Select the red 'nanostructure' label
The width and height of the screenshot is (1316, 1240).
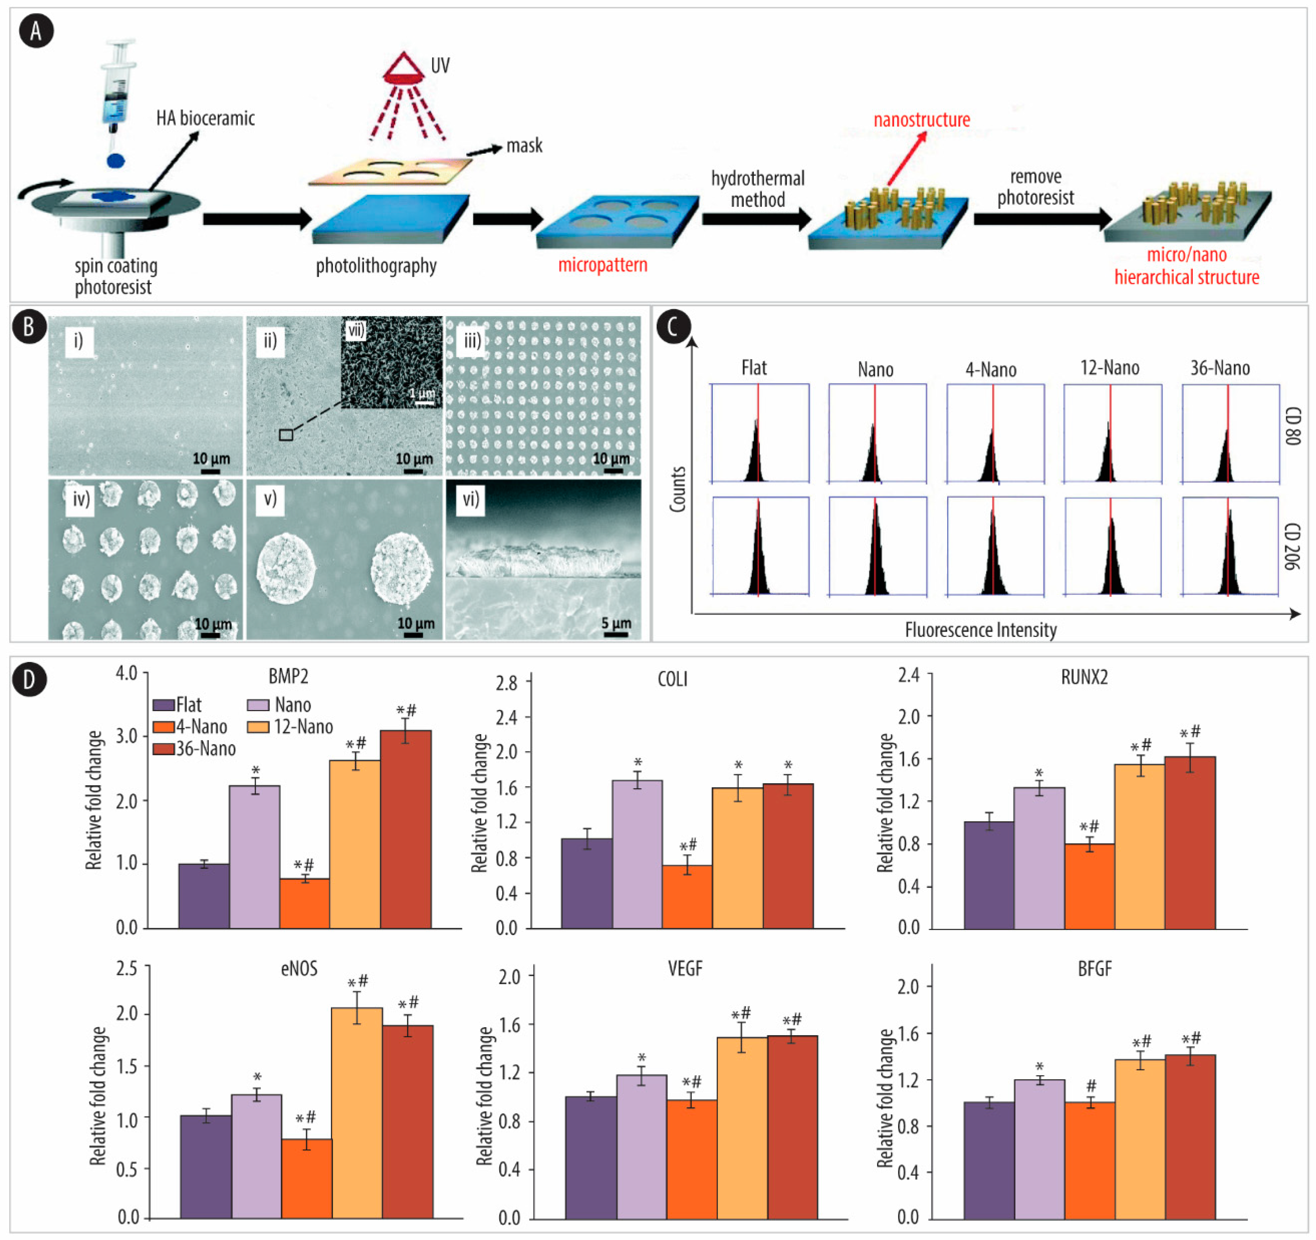922,120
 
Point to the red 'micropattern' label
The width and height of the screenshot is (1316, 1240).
602,265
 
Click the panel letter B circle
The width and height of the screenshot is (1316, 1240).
28,327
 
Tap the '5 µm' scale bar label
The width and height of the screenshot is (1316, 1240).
616,623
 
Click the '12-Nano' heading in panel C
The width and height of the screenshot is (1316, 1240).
1109,368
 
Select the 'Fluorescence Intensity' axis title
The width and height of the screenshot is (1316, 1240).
980,629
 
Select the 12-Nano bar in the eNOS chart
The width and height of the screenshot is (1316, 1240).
357,1112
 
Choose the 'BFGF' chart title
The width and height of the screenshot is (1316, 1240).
1094,969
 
